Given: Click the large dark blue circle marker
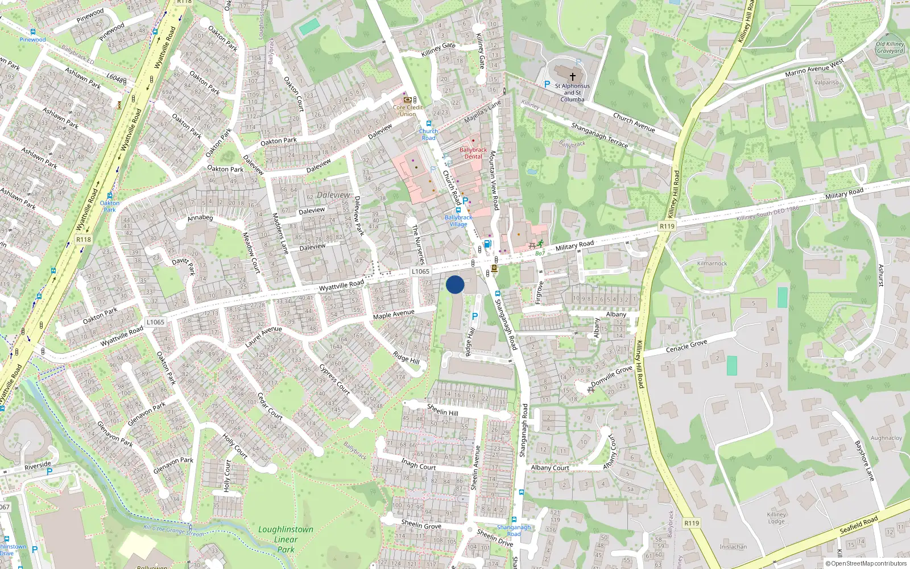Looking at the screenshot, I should coord(455,284).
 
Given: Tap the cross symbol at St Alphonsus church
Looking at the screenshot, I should coord(573,76).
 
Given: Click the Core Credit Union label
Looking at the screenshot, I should coord(408,110).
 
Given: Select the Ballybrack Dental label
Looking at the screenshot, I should coord(473,153).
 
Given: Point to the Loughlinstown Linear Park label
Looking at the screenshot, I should coord(286,539).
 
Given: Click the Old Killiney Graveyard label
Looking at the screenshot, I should coord(890,47).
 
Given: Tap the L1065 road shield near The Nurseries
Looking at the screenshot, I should coord(420,271).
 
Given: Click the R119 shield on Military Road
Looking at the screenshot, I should coord(667,226).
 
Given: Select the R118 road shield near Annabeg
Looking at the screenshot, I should coord(84,239).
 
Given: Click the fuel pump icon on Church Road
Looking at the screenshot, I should coord(487,245).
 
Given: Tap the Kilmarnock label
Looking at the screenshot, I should coord(712,263).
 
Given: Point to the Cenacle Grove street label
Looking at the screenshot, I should coord(686,346).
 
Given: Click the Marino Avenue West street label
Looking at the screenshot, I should coord(814,68).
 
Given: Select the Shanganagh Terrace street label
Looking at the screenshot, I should coord(599,135).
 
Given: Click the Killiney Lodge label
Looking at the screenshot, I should coord(776,517).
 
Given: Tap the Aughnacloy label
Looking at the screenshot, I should coord(886,438).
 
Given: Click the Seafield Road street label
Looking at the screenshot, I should coord(859,525).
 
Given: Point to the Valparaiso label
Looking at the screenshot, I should coord(826,83).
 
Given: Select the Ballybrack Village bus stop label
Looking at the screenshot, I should coord(458,220).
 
